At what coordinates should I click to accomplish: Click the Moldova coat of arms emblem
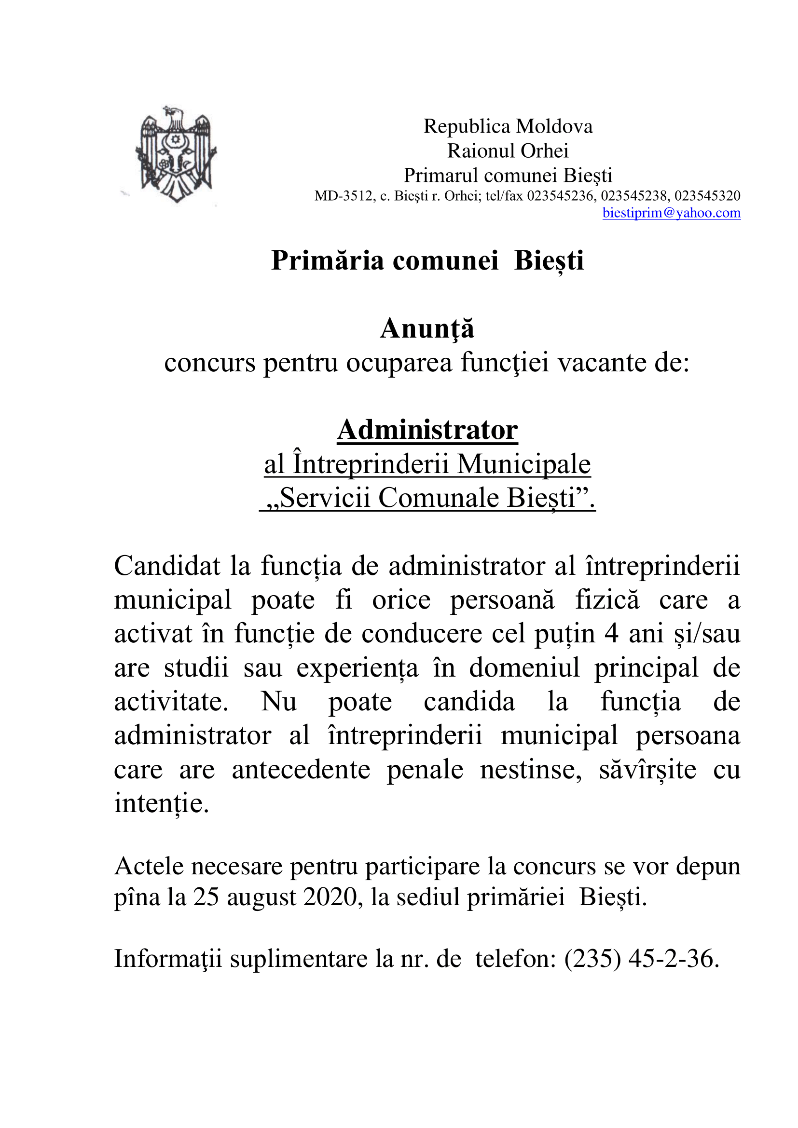pyautogui.click(x=176, y=154)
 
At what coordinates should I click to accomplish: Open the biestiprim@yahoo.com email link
pyautogui.click(x=671, y=213)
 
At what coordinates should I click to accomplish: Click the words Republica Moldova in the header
pyautogui.click(x=508, y=126)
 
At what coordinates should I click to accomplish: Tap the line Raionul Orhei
pyautogui.click(x=508, y=151)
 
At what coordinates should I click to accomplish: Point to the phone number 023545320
pyautogui.click(x=707, y=196)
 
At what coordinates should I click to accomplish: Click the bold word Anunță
pyautogui.click(x=427, y=328)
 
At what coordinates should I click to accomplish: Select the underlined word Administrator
pyautogui.click(x=427, y=430)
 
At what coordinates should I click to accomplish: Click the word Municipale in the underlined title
pyautogui.click(x=524, y=464)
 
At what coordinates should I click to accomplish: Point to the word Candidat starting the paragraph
pyautogui.click(x=167, y=566)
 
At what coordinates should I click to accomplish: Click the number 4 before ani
pyautogui.click(x=611, y=634)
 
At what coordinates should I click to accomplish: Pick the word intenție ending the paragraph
pyautogui.click(x=162, y=804)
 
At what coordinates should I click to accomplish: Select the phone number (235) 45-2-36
pyautogui.click(x=641, y=959)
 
